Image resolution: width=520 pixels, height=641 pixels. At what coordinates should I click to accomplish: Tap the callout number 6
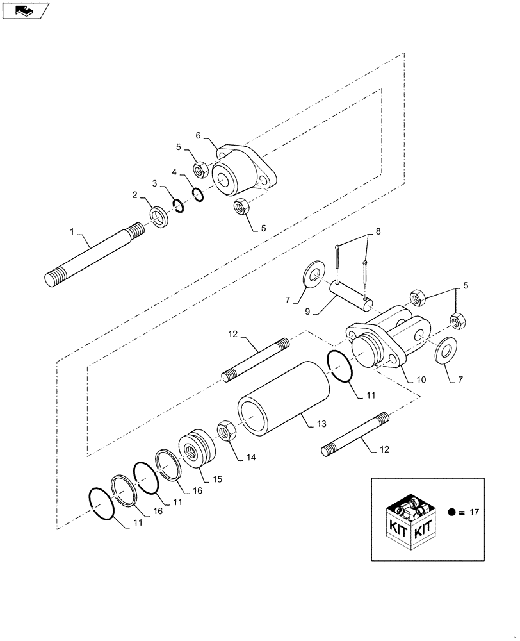click(x=199, y=135)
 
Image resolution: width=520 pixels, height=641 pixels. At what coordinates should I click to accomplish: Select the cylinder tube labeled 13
click(x=282, y=397)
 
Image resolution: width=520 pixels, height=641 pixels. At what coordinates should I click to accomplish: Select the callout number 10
click(x=421, y=379)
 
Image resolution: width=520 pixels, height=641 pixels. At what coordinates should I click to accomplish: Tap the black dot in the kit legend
click(x=452, y=512)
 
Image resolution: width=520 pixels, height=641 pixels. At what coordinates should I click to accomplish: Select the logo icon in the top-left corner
click(x=24, y=10)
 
